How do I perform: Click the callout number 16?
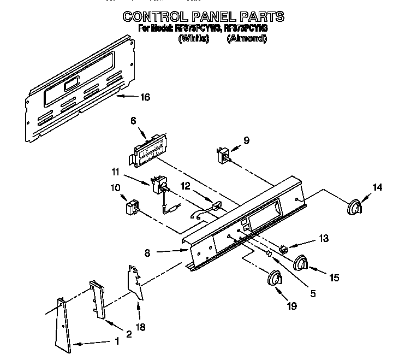[x=144, y=97]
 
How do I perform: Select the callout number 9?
[x=246, y=140]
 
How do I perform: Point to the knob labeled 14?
[x=356, y=208]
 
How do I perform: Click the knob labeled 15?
[x=301, y=263]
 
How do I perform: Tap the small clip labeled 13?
[x=283, y=249]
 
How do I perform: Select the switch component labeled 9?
[x=223, y=155]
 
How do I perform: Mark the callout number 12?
[x=186, y=186]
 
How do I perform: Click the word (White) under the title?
[x=194, y=39]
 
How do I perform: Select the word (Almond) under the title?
[x=247, y=39]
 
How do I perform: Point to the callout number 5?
[x=312, y=293]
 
